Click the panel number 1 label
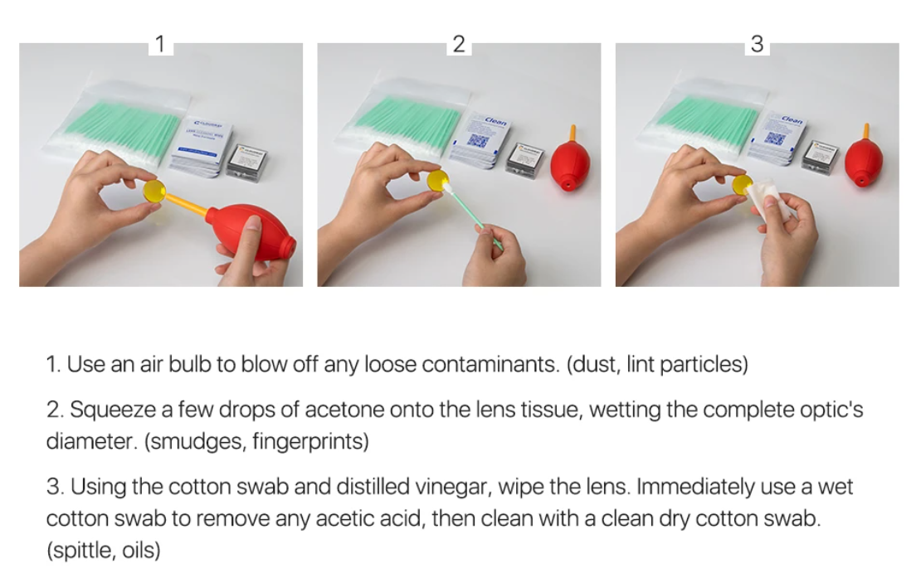pos(160,44)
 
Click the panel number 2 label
pos(459,44)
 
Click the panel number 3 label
pos(757,44)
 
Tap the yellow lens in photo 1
pos(155,191)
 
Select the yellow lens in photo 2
pos(437,180)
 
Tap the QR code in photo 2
pos(478,140)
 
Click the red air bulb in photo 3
pos(864,161)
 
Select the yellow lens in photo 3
pos(742,184)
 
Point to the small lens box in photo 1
pos(247,162)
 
